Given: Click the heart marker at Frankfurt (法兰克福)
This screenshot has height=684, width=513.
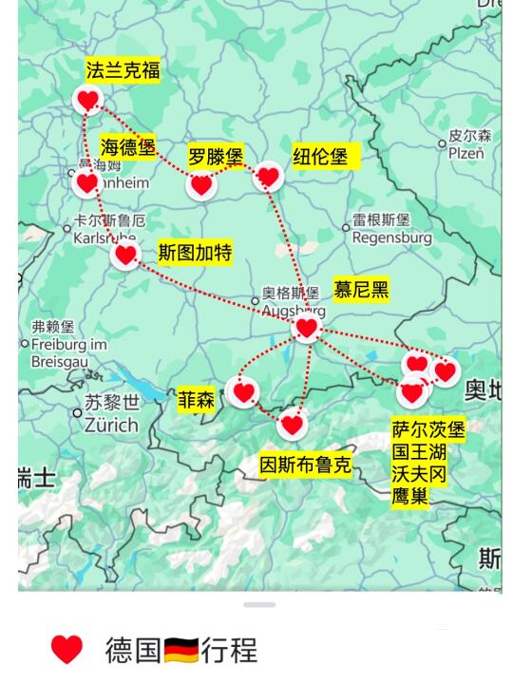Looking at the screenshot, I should pyautogui.click(x=87, y=100).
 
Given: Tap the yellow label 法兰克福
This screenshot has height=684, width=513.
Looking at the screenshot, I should pyautogui.click(x=123, y=70).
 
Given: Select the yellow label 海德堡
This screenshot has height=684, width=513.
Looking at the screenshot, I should pyautogui.click(x=128, y=147).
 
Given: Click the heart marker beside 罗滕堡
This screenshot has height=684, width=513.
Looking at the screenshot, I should pyautogui.click(x=200, y=185).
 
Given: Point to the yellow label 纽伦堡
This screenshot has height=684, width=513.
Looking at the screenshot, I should pyautogui.click(x=321, y=157).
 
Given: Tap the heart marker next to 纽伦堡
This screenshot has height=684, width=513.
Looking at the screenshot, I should pyautogui.click(x=269, y=177).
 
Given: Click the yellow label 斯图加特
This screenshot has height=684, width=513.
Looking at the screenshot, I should pyautogui.click(x=195, y=253).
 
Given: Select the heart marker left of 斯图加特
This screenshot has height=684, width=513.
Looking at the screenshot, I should pyautogui.click(x=125, y=255).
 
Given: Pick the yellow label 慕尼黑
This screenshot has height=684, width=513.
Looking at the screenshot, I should pyautogui.click(x=361, y=290).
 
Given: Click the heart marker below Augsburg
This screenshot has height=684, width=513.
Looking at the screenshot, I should pyautogui.click(x=306, y=329).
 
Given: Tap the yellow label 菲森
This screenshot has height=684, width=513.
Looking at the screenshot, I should pyautogui.click(x=197, y=401).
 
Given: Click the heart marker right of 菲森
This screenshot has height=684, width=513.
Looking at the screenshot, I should pyautogui.click(x=244, y=391).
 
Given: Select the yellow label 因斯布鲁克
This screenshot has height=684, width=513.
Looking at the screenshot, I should pyautogui.click(x=306, y=465).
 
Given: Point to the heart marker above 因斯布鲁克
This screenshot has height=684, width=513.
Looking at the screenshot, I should pyautogui.click(x=293, y=424).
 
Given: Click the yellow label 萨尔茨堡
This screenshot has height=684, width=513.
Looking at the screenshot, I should pyautogui.click(x=428, y=429).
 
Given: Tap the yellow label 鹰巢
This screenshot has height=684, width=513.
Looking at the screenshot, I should pyautogui.click(x=410, y=497).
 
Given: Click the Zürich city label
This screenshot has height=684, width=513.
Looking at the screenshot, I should pyautogui.click(x=110, y=425).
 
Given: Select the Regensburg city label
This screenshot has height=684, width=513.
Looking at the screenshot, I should pyautogui.click(x=391, y=237).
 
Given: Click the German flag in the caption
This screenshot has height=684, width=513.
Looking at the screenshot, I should pyautogui.click(x=180, y=651).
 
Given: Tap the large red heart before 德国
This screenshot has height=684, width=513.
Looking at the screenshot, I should pyautogui.click(x=66, y=650).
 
